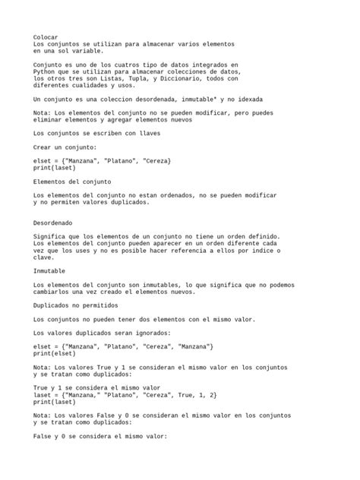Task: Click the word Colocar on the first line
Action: (46, 36)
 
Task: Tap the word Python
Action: (46, 71)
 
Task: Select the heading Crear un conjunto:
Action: (65, 147)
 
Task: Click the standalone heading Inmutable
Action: (49, 271)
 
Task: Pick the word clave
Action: (45, 257)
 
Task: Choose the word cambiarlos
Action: (55, 292)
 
